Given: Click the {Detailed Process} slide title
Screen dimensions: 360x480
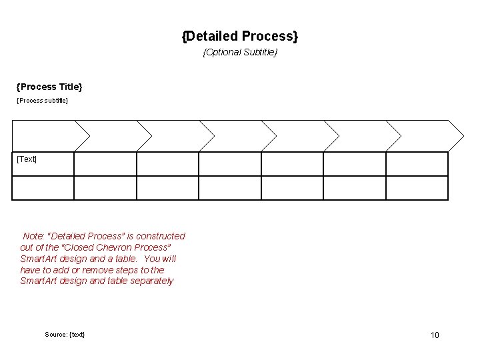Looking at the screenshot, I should click(x=240, y=35).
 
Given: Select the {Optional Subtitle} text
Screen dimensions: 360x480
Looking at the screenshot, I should click(x=240, y=52).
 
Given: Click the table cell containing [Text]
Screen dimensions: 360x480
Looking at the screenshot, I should click(x=43, y=163).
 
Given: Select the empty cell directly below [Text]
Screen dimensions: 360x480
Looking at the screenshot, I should click(x=43, y=188).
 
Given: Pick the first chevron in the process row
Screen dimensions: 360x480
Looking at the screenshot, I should click(x=47, y=136).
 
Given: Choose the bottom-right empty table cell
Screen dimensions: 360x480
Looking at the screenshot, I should click(x=417, y=188).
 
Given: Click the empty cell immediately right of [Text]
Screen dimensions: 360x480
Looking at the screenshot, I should click(x=105, y=163).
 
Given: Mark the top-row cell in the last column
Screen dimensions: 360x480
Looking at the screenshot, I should click(x=417, y=163).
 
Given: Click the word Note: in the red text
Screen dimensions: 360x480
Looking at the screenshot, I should click(x=34, y=236).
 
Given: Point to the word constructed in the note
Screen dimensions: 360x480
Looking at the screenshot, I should click(x=161, y=236).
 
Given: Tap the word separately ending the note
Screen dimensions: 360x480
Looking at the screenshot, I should click(x=151, y=281).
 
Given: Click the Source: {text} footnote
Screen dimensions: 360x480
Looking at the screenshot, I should click(x=65, y=334).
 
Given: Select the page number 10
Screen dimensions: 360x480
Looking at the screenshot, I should click(x=435, y=335).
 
